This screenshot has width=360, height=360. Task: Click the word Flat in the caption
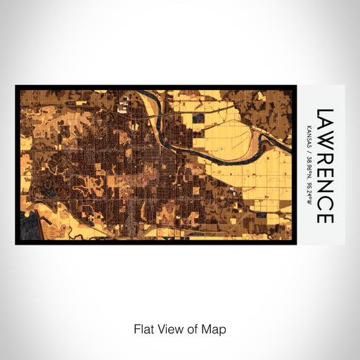(x=143, y=328)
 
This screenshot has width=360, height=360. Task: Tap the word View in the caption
(x=169, y=328)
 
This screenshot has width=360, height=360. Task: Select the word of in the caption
(x=193, y=328)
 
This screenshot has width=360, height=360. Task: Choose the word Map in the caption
(x=214, y=328)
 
